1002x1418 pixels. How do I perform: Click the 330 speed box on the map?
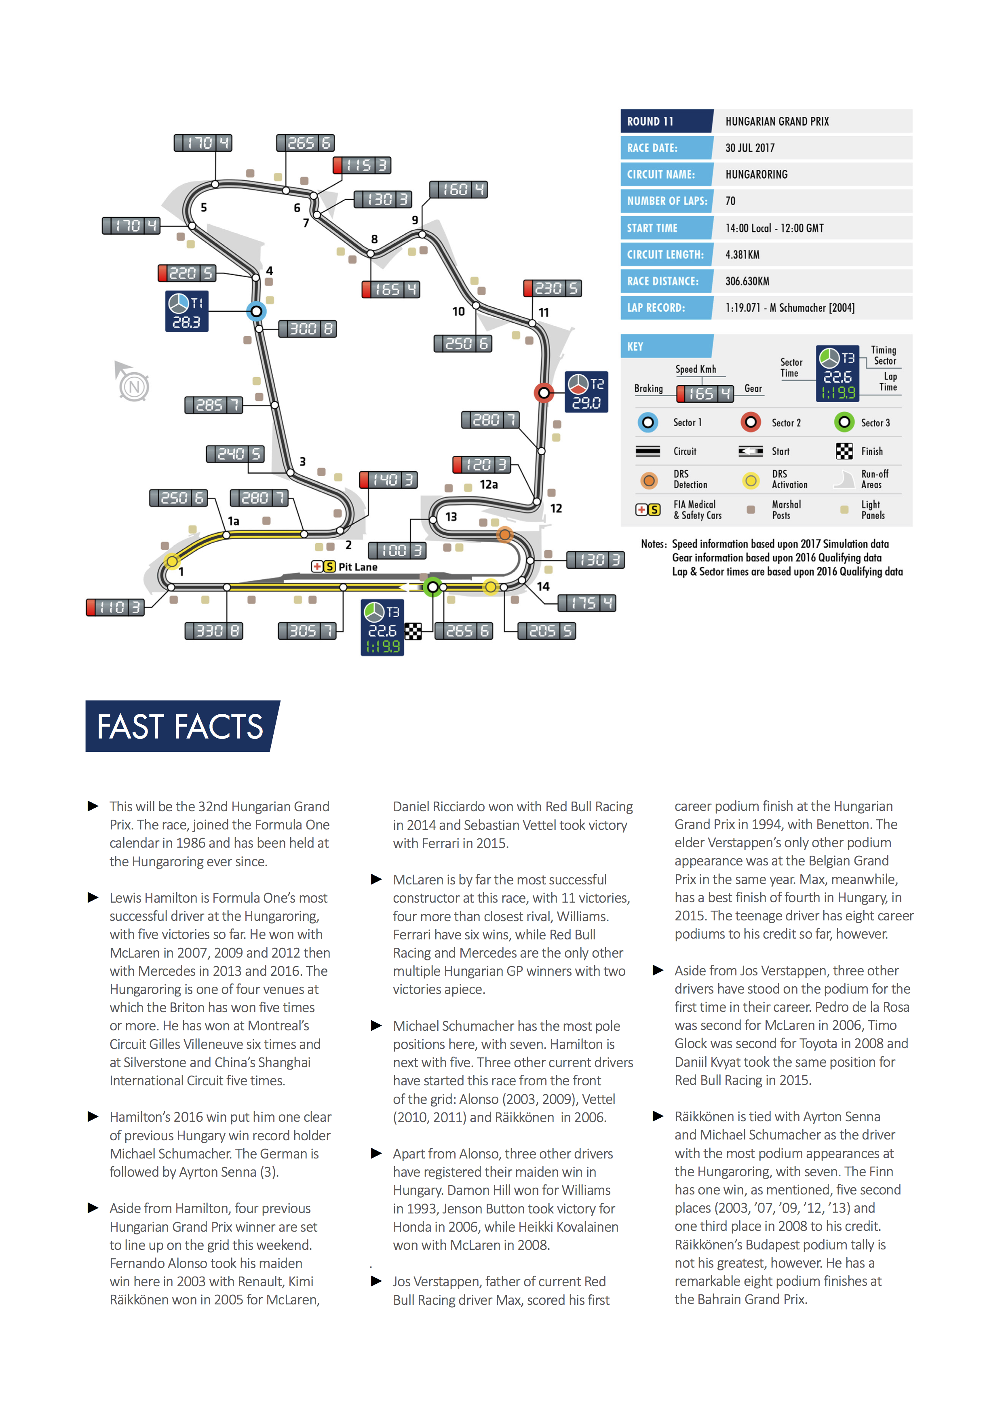tap(214, 631)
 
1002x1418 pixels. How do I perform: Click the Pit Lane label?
tap(357, 567)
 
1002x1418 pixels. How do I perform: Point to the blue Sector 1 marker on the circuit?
tap(256, 311)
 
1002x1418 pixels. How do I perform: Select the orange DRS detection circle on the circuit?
tap(505, 534)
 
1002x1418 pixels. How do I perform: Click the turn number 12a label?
tap(488, 485)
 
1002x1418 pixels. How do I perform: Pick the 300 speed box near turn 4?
tap(308, 329)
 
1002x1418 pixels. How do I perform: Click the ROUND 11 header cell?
tap(666, 121)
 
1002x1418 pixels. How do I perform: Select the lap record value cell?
tap(790, 308)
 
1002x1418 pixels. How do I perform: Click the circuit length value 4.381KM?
tap(742, 254)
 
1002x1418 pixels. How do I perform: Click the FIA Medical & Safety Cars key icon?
tap(648, 509)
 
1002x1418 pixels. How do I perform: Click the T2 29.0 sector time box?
tap(586, 392)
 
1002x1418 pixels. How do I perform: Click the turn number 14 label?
tap(543, 586)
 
